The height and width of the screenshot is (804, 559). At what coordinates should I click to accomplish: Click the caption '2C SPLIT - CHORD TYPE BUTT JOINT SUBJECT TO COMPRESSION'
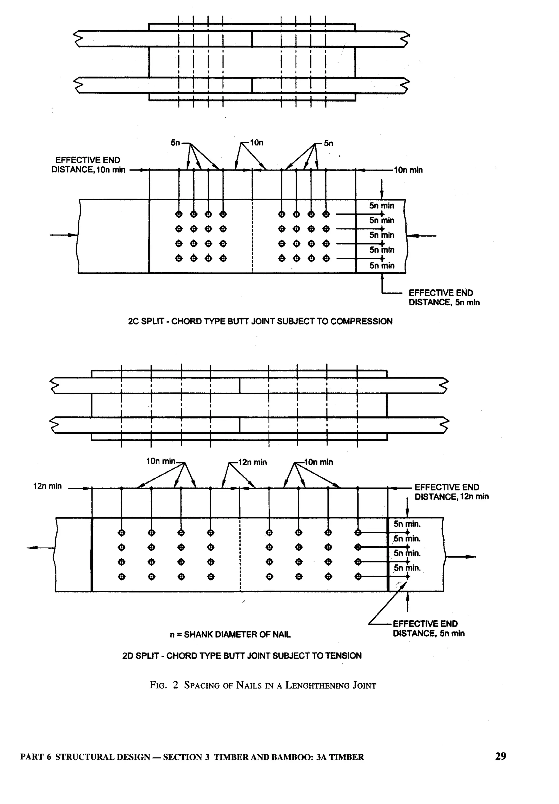(260, 321)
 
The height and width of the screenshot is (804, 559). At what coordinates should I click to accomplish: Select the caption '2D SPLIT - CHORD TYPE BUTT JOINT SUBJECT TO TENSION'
(242, 656)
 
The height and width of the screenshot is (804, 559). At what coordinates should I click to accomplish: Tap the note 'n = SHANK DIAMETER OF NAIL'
(230, 634)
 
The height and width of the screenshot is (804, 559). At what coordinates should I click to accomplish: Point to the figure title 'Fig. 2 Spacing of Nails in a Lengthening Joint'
(263, 685)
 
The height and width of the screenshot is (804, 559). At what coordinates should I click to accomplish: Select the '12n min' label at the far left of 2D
(47, 486)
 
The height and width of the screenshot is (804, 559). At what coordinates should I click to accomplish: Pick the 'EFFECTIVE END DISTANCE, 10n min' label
(88, 165)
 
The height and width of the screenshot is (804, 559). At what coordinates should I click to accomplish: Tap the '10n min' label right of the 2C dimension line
(408, 170)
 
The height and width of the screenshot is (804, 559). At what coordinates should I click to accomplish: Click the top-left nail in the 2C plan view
(179, 214)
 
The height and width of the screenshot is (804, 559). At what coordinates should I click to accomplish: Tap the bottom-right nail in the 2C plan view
(326, 259)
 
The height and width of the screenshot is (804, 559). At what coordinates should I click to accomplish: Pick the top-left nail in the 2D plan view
(121, 533)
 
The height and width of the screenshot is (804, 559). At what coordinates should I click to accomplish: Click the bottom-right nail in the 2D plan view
(358, 576)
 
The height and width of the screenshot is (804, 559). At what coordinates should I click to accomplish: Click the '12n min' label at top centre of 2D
(252, 462)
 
